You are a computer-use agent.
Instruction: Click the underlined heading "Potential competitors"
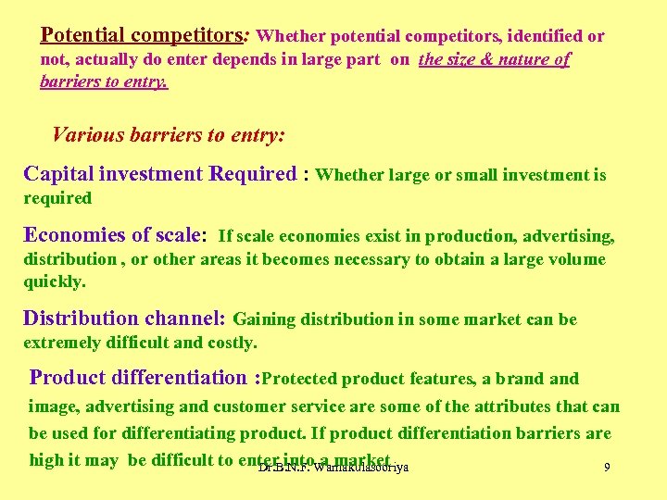[141, 35]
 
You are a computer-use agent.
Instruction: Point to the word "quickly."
[55, 281]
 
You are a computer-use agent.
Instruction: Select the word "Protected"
[303, 379]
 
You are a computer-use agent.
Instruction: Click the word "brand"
[518, 379]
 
